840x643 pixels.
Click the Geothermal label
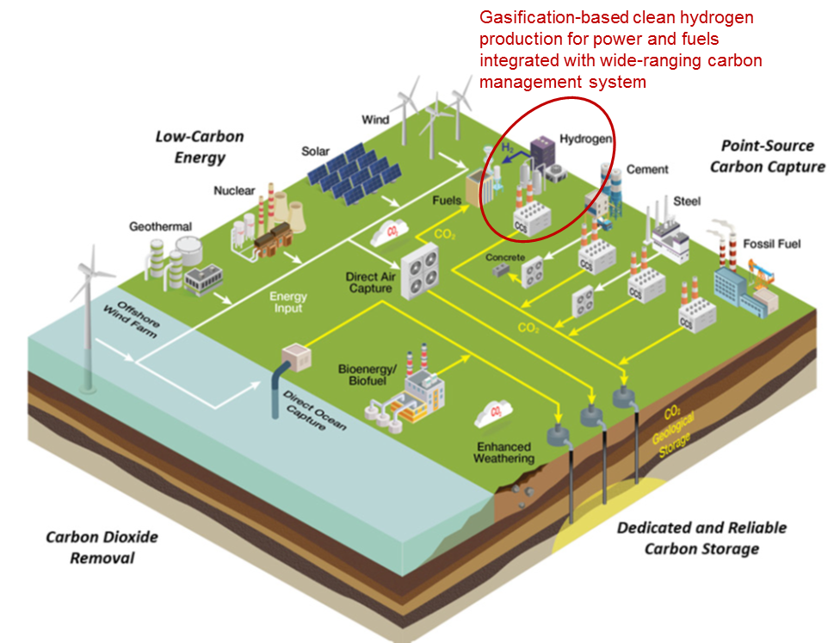160,227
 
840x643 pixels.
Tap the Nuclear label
234,190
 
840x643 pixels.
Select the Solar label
315,151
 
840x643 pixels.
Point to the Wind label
375,120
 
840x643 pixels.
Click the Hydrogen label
585,139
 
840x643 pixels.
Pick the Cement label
647,170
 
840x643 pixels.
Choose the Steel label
686,201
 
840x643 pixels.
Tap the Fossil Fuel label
771,244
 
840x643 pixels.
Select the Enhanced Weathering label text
503,452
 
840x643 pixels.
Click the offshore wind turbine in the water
89,310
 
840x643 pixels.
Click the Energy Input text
288,303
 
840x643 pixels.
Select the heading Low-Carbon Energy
200,146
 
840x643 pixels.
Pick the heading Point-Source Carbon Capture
767,156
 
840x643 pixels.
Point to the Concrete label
505,257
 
